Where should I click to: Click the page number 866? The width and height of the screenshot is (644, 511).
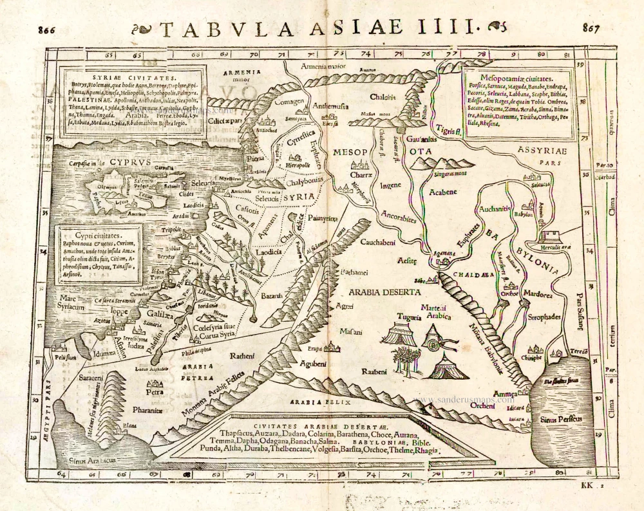point(47,30)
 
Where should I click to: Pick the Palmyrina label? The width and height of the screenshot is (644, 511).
point(323,219)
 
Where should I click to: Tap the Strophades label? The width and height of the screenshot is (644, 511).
point(544,317)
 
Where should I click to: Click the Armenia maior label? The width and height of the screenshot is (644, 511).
point(324,67)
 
